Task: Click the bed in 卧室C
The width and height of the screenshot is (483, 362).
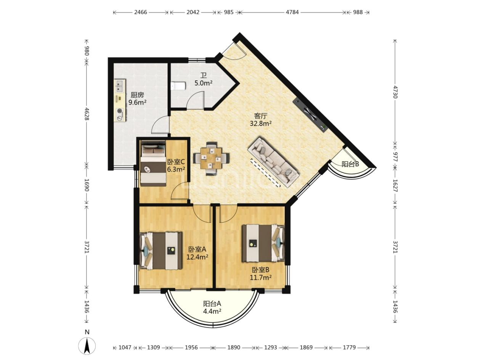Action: pos(153,163)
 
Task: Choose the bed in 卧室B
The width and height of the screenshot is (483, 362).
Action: pos(263,243)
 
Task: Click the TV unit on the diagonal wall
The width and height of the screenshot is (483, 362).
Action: pos(310,115)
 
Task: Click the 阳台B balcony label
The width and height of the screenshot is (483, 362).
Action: pos(350,164)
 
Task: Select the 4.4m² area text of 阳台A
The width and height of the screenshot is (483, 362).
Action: pos(212,311)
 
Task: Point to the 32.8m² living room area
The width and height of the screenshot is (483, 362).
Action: pos(260,123)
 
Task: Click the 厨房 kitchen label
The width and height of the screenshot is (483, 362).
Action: pos(137,95)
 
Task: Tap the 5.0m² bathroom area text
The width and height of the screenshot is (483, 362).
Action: pos(204,83)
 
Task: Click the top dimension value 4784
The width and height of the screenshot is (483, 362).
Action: pos(292,12)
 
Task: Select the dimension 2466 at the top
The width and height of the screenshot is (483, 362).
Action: pos(141,12)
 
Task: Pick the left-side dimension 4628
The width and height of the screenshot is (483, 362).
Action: pos(87,114)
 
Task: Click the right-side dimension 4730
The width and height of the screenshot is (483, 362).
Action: pos(395,92)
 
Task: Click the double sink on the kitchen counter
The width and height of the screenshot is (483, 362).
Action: pos(120,86)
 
